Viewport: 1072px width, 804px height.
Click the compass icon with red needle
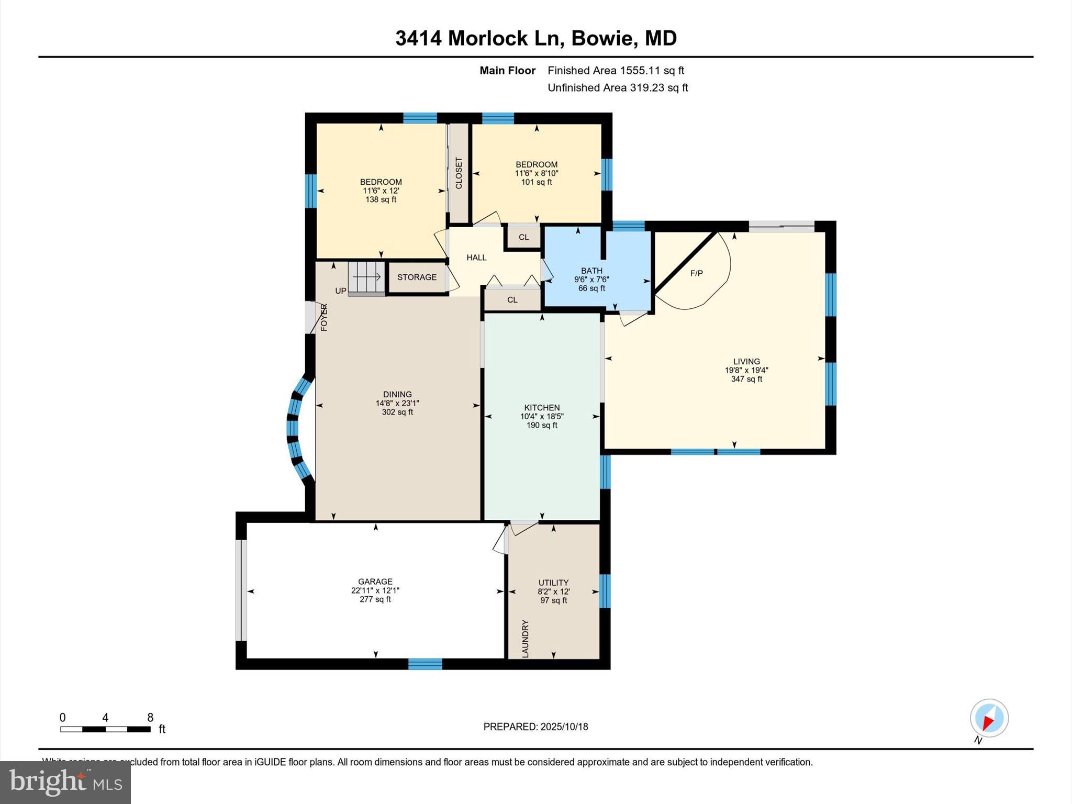tap(989, 718)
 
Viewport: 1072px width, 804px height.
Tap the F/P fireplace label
tap(696, 273)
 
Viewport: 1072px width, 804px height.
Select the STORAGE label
tap(417, 277)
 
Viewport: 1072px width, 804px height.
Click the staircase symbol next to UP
tap(366, 277)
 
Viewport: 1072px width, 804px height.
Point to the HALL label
tap(476, 258)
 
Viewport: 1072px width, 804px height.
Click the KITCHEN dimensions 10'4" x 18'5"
tap(542, 417)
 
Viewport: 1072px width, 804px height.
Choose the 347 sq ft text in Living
tap(746, 379)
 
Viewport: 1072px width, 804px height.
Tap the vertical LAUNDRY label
tap(526, 639)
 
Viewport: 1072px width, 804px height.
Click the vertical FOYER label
tap(324, 317)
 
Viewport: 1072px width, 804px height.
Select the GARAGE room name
tap(375, 582)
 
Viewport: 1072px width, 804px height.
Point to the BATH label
tap(591, 271)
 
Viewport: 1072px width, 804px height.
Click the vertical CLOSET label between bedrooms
tap(459, 173)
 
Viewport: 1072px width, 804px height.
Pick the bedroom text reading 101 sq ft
tap(537, 182)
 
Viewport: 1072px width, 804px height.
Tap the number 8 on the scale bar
tap(150, 718)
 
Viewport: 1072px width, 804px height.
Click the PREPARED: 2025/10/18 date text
tap(535, 727)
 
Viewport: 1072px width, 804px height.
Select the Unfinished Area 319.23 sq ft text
tap(618, 88)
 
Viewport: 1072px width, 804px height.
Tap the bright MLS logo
tap(65, 782)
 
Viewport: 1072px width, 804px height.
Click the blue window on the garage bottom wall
tap(425, 664)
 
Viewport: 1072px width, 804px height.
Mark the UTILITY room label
tap(553, 583)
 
